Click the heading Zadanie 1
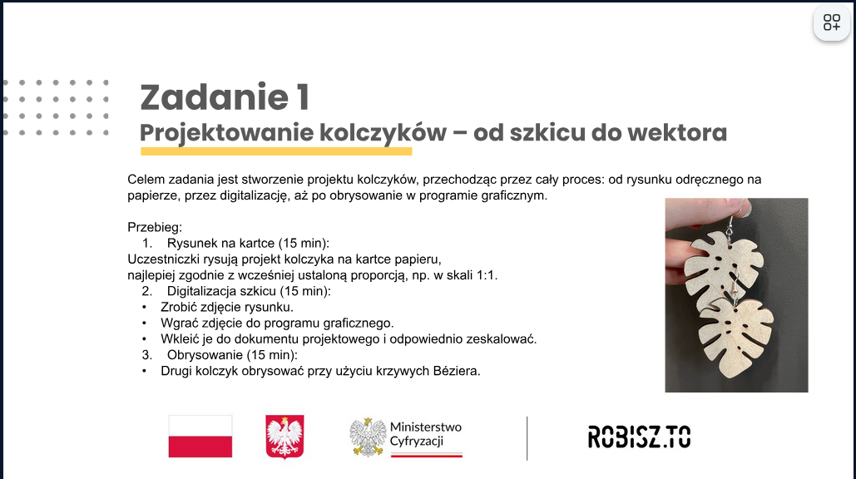pos(225,97)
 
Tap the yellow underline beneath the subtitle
pos(276,151)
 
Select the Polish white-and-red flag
pos(200,436)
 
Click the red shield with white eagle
pos(285,437)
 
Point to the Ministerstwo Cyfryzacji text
pos(426,434)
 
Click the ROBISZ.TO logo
pos(639,437)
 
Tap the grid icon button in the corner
pos(831,22)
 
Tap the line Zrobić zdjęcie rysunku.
pos(227,307)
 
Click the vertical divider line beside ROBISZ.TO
pos(527,438)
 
